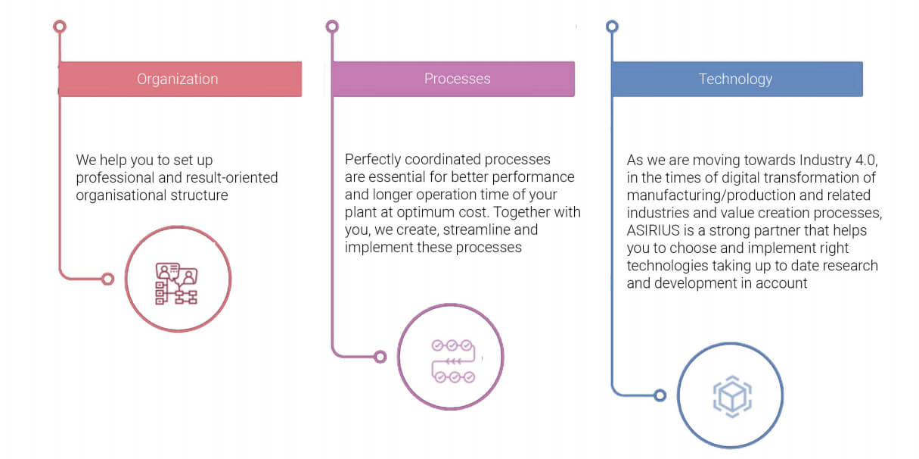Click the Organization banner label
coord(177,79)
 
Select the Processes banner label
coord(457,79)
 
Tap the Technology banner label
coord(735,79)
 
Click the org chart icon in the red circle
coord(176,283)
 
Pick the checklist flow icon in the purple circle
coord(453,361)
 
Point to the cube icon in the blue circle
coord(732,397)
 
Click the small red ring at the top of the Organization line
coord(60,27)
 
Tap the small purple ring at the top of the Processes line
coord(332,27)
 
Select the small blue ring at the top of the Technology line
coord(612,27)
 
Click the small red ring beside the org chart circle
coord(108,279)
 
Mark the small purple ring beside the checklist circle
coord(380,357)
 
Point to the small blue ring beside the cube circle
coord(660,395)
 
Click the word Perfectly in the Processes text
coord(373,159)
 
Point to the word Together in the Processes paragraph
coord(521,212)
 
